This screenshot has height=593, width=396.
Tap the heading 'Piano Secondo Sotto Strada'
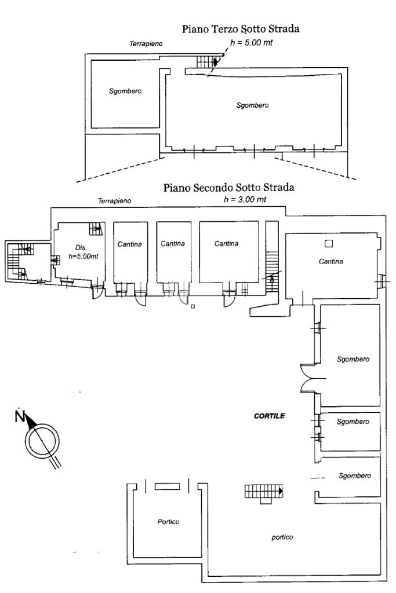tap(229, 188)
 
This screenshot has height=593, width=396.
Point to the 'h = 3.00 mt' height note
tap(244, 199)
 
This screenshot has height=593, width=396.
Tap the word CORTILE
tap(270, 416)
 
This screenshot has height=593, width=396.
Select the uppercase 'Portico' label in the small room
tap(168, 522)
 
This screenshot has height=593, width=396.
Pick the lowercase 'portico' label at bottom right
tap(282, 537)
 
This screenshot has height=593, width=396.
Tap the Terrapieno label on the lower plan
tap(114, 201)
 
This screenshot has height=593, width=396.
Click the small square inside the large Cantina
tap(328, 243)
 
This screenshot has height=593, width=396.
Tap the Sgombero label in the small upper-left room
tap(125, 91)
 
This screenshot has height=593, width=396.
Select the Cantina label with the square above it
tap(330, 262)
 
